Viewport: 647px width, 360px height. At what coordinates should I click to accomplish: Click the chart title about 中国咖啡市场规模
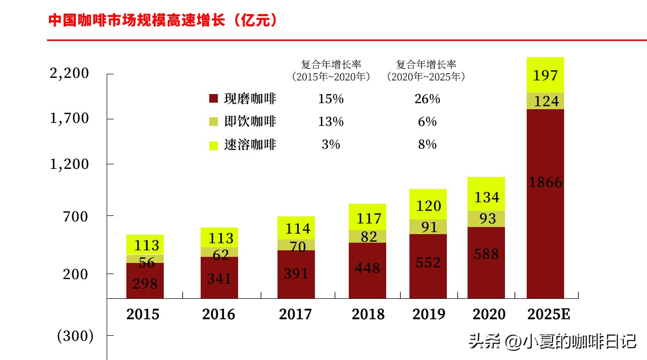[163, 21]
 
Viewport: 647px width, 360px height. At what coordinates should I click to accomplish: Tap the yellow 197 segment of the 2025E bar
[545, 75]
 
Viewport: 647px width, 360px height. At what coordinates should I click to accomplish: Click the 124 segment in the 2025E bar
[545, 101]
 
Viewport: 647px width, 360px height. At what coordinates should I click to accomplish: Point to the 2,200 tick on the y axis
[69, 74]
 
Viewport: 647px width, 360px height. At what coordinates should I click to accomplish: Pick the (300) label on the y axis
[75, 336]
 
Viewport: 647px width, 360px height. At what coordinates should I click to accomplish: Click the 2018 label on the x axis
[368, 314]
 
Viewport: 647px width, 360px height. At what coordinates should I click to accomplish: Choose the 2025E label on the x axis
[548, 314]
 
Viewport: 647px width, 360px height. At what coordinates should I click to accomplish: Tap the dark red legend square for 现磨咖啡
[213, 99]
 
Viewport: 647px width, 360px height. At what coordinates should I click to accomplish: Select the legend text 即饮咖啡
[250, 122]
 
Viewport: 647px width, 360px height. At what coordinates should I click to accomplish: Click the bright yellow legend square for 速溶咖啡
[213, 145]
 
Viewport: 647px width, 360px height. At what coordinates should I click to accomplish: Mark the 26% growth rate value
[427, 99]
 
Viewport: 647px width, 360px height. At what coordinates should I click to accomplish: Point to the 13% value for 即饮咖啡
[331, 122]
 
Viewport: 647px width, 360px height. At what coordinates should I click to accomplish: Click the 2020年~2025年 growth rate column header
[426, 71]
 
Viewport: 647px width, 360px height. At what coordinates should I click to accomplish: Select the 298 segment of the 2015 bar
[145, 281]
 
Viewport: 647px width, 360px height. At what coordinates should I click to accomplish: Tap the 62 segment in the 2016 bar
[219, 252]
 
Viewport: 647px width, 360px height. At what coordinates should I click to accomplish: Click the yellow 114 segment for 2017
[296, 228]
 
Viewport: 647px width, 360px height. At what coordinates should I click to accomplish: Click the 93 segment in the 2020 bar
[486, 218]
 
